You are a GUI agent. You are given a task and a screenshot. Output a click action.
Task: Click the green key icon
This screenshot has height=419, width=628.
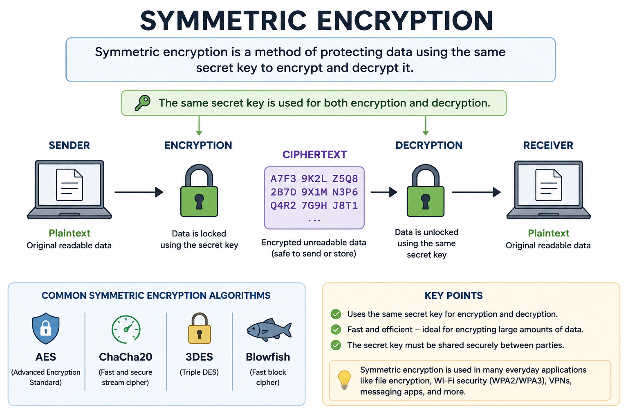coord(142,103)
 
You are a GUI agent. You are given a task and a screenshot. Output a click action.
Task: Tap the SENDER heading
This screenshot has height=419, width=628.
coord(69,145)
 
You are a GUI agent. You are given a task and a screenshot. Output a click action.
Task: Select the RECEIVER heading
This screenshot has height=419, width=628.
coord(548,145)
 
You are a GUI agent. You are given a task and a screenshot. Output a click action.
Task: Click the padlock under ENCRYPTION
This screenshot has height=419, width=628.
coord(199,191)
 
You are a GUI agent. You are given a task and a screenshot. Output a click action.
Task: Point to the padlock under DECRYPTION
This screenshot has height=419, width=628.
coord(426,191)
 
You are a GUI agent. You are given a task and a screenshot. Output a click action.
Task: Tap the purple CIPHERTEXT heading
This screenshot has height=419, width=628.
coord(314,155)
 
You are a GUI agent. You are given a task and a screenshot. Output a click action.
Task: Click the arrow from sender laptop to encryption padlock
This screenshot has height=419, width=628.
coord(139,192)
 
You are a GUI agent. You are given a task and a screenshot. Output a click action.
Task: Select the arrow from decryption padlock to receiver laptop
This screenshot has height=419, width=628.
coord(477,192)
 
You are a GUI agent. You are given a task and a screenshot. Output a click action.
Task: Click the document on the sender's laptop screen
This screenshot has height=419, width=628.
coord(70,185)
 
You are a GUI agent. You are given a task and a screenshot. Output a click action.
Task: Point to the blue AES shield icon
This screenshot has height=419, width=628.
coord(46,328)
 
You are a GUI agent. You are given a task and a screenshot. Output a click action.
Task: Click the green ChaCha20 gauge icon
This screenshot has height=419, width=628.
coord(126,329)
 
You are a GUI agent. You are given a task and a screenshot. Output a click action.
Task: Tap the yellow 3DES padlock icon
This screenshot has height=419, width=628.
coord(200,328)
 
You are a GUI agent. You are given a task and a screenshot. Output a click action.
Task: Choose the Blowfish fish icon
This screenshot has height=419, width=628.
coord(269,330)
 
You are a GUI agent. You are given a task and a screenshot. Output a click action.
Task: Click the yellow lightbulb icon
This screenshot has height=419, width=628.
coord(345,380)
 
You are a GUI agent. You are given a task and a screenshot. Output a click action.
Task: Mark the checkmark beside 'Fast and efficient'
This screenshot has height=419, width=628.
coord(336,329)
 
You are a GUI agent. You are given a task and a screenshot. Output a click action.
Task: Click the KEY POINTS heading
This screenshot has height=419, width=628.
coord(453,295)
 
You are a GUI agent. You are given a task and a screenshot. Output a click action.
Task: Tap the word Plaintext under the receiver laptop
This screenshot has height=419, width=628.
coord(548,233)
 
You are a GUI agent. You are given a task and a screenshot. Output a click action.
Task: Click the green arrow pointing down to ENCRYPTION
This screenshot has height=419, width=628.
coord(199,126)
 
